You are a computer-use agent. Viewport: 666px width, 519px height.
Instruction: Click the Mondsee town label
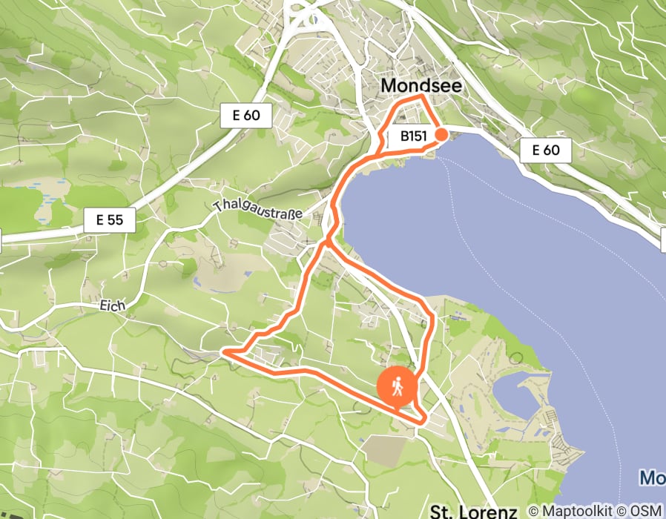[x=421, y=86]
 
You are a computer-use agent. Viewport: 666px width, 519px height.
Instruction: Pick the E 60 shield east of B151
[x=545, y=151]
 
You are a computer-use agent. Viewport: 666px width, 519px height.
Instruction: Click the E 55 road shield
[x=109, y=219]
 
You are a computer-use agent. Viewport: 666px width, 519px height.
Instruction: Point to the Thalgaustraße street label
[x=257, y=207]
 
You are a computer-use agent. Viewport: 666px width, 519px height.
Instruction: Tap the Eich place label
[x=112, y=305]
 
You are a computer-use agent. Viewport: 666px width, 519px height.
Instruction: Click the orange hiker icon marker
[x=396, y=387]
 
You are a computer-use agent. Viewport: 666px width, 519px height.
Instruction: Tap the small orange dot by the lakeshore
[x=441, y=134]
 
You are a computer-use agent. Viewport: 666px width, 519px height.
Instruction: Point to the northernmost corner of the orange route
[x=421, y=96]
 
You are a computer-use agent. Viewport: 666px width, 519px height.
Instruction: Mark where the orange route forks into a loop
[x=326, y=241]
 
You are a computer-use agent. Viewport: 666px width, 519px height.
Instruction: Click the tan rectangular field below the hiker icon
[x=383, y=452]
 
